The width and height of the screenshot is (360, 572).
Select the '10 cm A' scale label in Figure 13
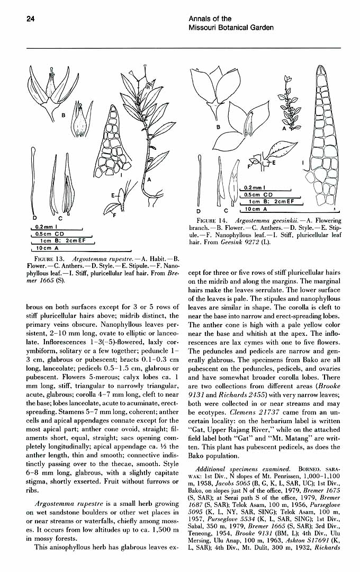[x=47, y=247]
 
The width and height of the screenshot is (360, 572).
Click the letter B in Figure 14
[x=218, y=128]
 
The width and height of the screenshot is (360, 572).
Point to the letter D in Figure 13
[x=34, y=218]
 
